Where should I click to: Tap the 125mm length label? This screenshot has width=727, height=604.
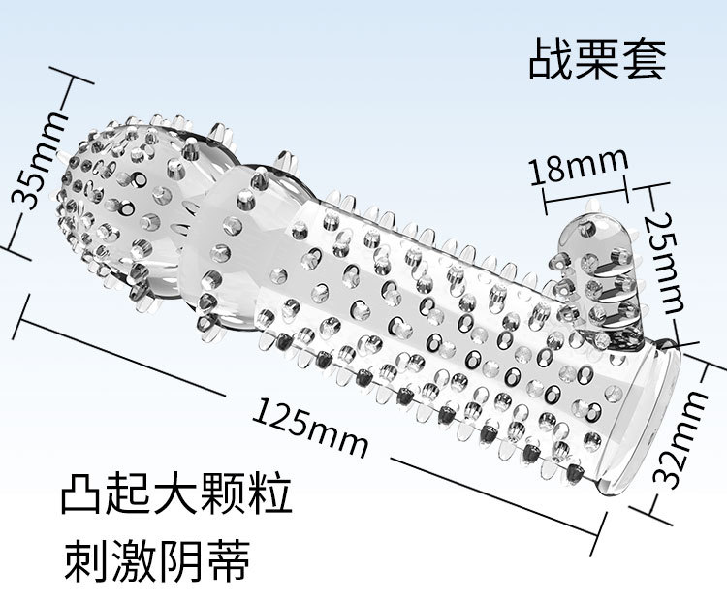point(311,427)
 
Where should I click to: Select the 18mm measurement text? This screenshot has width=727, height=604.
point(579,167)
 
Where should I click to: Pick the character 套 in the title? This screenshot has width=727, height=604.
point(644,58)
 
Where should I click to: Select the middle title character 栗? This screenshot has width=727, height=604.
point(597,58)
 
